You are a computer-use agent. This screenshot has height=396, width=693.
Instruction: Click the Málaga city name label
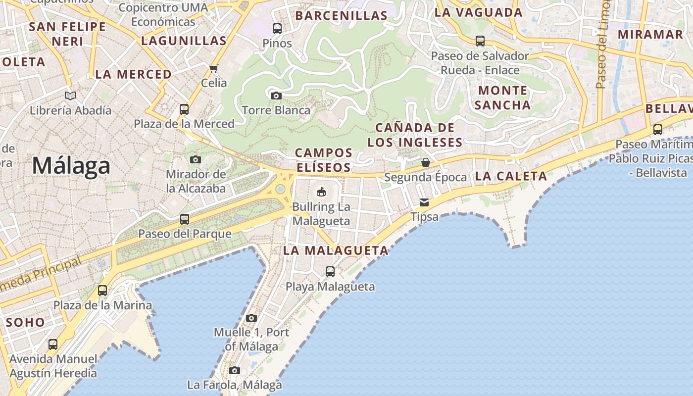coord(71,166)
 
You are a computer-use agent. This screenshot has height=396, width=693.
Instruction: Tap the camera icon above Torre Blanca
coord(276,96)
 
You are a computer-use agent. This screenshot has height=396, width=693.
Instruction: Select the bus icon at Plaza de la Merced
coord(184,109)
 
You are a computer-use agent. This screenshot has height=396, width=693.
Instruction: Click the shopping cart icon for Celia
coord(214,68)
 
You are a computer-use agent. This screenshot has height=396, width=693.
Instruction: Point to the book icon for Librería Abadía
coord(71,96)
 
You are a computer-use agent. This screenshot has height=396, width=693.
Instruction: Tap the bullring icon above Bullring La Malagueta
coord(321,192)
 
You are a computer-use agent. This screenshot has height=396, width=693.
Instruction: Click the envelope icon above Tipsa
coord(424,202)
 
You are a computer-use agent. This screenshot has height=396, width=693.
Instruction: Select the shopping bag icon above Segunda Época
coord(425,162)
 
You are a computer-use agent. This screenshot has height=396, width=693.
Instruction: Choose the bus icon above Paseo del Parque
coord(185,219)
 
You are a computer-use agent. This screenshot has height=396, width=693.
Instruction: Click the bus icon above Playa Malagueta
coord(330,272)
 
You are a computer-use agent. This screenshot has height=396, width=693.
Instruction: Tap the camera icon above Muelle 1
coord(251,318)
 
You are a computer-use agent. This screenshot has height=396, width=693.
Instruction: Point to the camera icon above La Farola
coord(235,370)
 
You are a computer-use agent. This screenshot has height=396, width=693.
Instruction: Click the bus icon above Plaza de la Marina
coord(102,291)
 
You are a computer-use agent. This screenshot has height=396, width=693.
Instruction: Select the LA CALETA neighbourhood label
coord(511,176)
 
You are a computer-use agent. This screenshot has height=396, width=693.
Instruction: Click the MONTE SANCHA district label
coord(503,98)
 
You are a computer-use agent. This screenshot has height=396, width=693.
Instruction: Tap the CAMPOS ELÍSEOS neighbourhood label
coord(324,160)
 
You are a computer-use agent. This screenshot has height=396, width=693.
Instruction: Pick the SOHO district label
coord(25,322)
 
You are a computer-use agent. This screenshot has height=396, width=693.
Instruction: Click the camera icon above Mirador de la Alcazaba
coord(196,159)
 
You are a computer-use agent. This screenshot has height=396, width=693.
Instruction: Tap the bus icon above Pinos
coord(277,29)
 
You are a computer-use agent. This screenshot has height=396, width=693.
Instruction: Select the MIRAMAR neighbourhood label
coord(650,35)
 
